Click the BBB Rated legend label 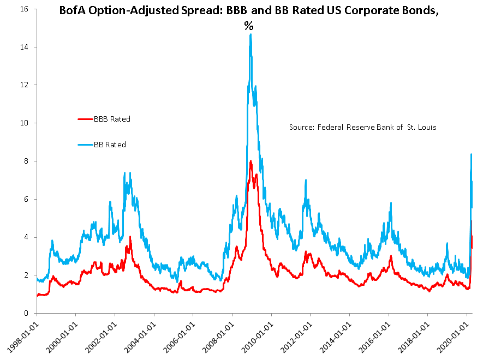112,118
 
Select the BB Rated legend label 110,145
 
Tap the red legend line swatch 85,118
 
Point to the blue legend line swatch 85,145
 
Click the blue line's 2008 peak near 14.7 251,34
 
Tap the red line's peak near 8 251,161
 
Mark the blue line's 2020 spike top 471,154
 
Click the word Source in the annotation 301,127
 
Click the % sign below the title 249,26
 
